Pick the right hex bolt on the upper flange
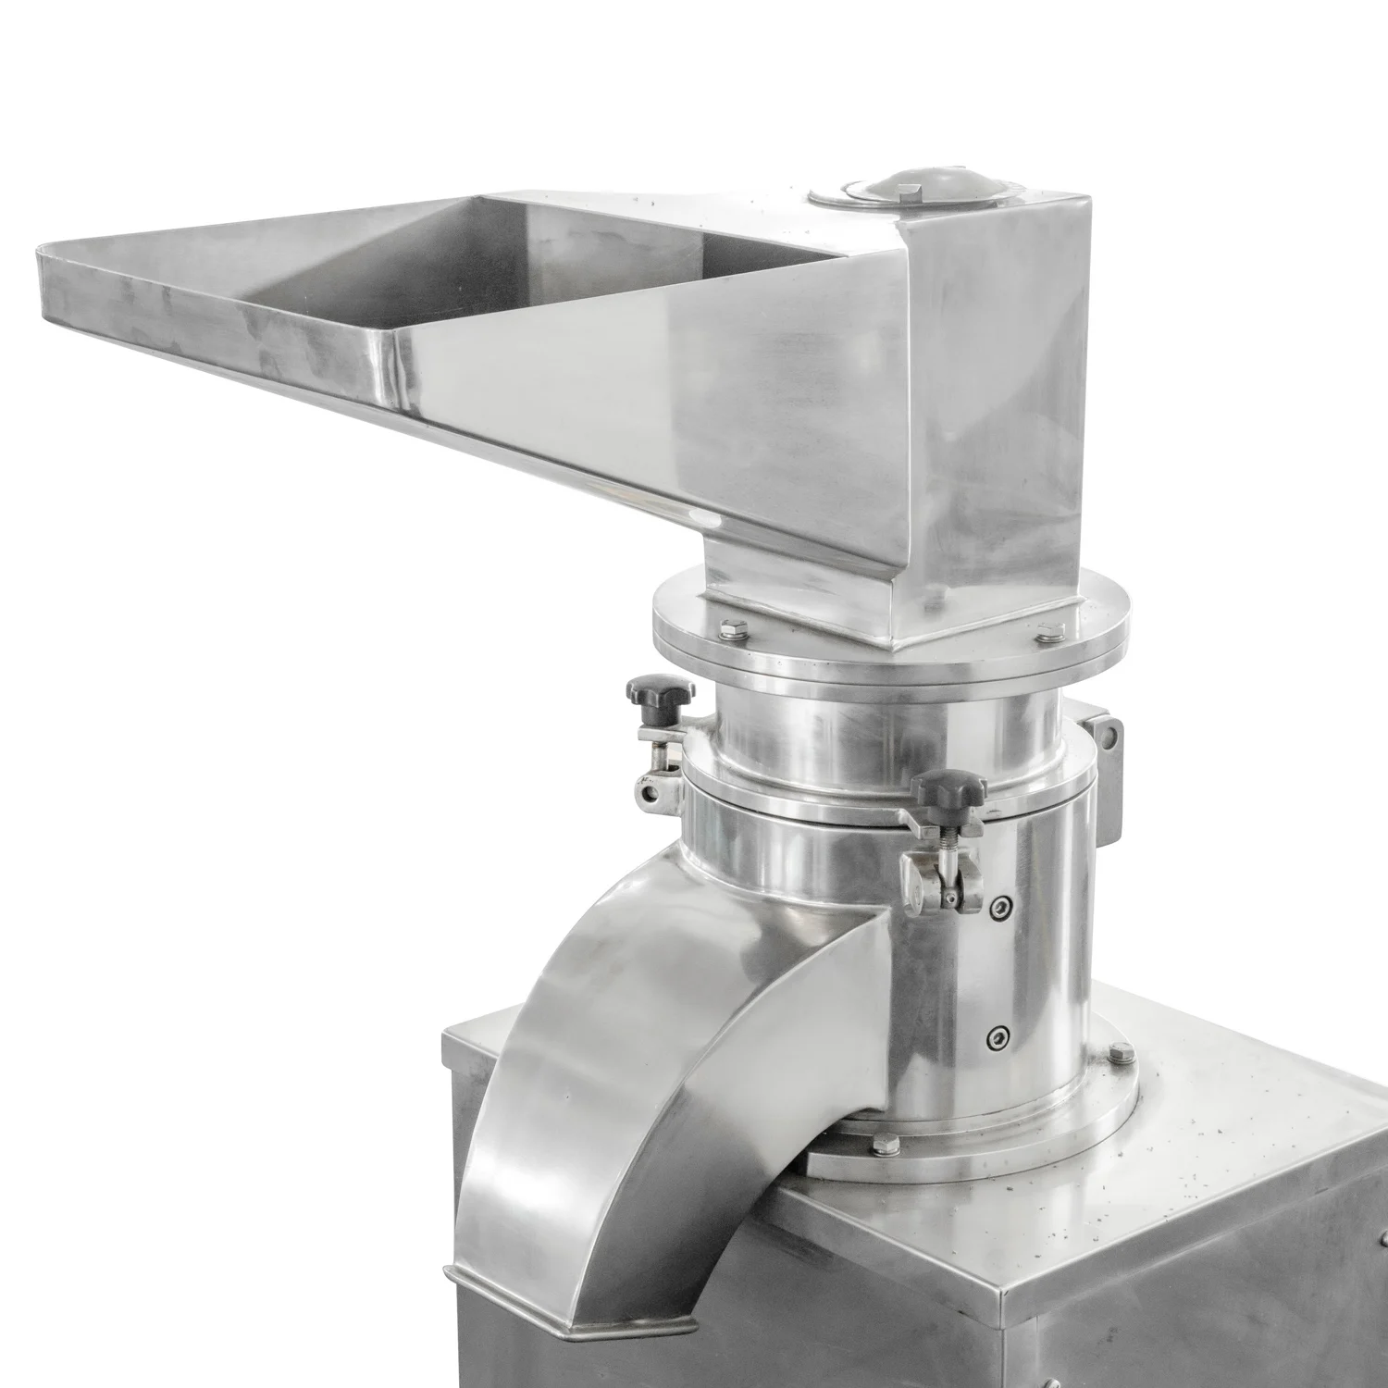click(x=1047, y=632)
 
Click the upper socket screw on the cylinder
click(x=998, y=908)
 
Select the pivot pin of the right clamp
click(x=949, y=898)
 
